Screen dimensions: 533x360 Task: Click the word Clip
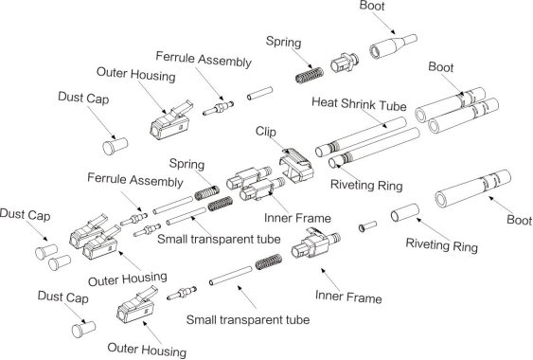click(266, 132)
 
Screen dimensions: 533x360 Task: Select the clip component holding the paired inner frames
click(295, 165)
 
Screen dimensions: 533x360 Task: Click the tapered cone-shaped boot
click(393, 46)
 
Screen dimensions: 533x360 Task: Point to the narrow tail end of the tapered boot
click(415, 38)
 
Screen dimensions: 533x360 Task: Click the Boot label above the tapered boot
click(372, 6)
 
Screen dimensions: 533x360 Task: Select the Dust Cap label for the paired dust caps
click(25, 215)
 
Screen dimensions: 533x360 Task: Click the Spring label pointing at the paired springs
click(187, 164)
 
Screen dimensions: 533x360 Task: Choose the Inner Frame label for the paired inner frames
click(297, 218)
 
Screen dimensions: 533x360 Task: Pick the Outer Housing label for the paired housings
click(128, 279)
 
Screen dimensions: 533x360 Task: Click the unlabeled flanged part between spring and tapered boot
click(344, 62)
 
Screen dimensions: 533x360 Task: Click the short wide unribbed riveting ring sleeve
click(404, 212)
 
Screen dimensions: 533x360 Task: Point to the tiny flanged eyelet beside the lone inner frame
click(367, 226)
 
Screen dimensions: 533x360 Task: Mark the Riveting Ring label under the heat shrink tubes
click(366, 186)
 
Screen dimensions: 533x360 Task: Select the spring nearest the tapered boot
click(309, 75)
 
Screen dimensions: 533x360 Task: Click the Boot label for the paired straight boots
click(441, 67)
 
